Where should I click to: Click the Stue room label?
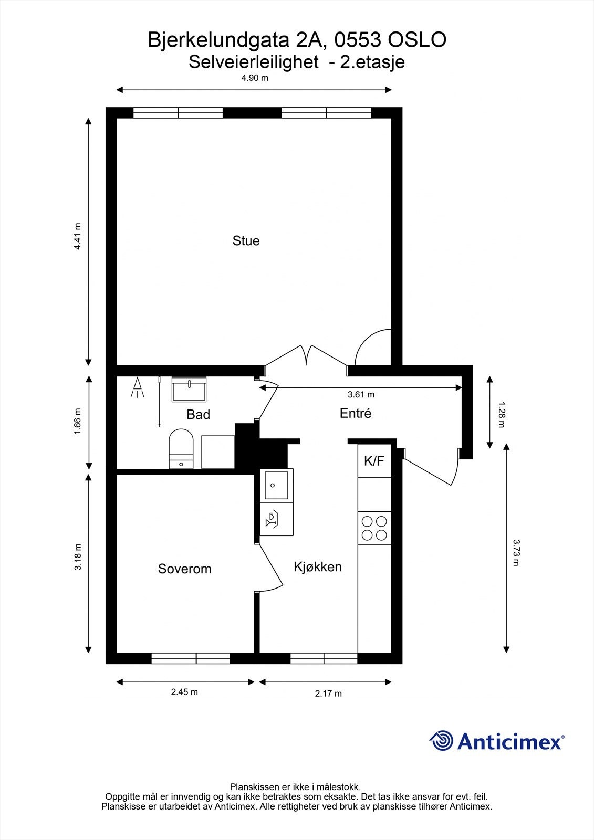(x=246, y=241)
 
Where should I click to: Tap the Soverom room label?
(x=184, y=569)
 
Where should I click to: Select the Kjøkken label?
(x=317, y=566)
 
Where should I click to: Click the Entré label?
(x=356, y=413)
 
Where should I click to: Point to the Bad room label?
(x=198, y=415)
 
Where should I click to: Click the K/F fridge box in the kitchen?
(x=374, y=461)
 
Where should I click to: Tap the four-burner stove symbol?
(x=374, y=528)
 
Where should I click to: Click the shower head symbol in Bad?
(x=138, y=387)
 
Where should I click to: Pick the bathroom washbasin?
(x=189, y=390)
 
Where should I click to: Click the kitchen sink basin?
(x=276, y=485)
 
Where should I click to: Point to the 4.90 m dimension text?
(x=254, y=78)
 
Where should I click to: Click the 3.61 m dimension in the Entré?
(x=361, y=395)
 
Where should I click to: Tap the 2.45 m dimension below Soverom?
(x=184, y=692)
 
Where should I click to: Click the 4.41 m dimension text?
(x=77, y=237)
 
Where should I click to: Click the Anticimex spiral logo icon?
(x=441, y=741)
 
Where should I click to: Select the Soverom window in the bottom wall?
(x=190, y=658)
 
